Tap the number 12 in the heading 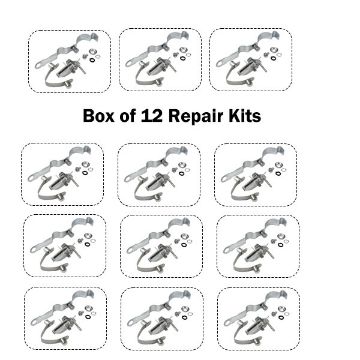pyautogui.click(x=166, y=116)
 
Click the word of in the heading pyautogui.click(x=141, y=116)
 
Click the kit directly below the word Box pyautogui.click(x=61, y=174)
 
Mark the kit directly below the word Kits pyautogui.click(x=255, y=174)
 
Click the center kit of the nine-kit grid pyautogui.click(x=159, y=246)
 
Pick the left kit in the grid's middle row pyautogui.click(x=61, y=246)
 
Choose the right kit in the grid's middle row pyautogui.click(x=255, y=246)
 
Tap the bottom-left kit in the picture pyautogui.click(x=65, y=318)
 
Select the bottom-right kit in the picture pyautogui.click(x=257, y=318)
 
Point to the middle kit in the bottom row pyautogui.click(x=161, y=318)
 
